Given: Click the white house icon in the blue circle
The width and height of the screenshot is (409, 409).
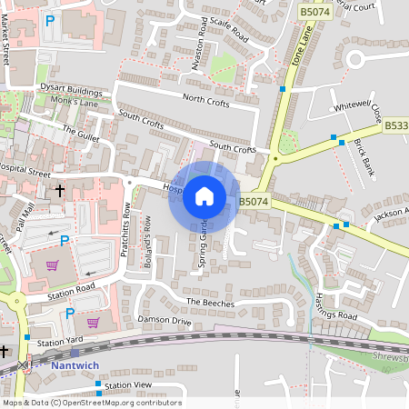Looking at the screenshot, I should [x=204, y=196].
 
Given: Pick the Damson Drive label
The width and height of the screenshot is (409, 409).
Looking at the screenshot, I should [x=164, y=321].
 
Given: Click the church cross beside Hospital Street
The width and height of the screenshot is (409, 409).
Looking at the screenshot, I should [x=60, y=191].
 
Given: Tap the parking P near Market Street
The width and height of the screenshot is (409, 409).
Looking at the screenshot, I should [x=50, y=19].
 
